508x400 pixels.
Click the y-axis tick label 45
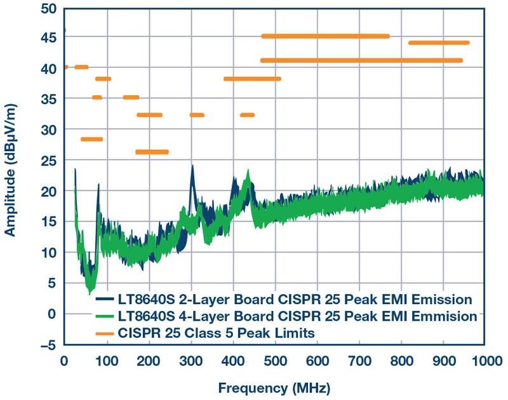(50, 38)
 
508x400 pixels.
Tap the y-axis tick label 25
(50, 161)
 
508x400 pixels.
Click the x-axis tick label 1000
(485, 361)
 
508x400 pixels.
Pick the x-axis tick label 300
(190, 361)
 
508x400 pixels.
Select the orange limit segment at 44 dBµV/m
(439, 43)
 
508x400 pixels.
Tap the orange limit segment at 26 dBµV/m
(152, 152)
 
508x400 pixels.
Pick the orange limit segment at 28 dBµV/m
(91, 139)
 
